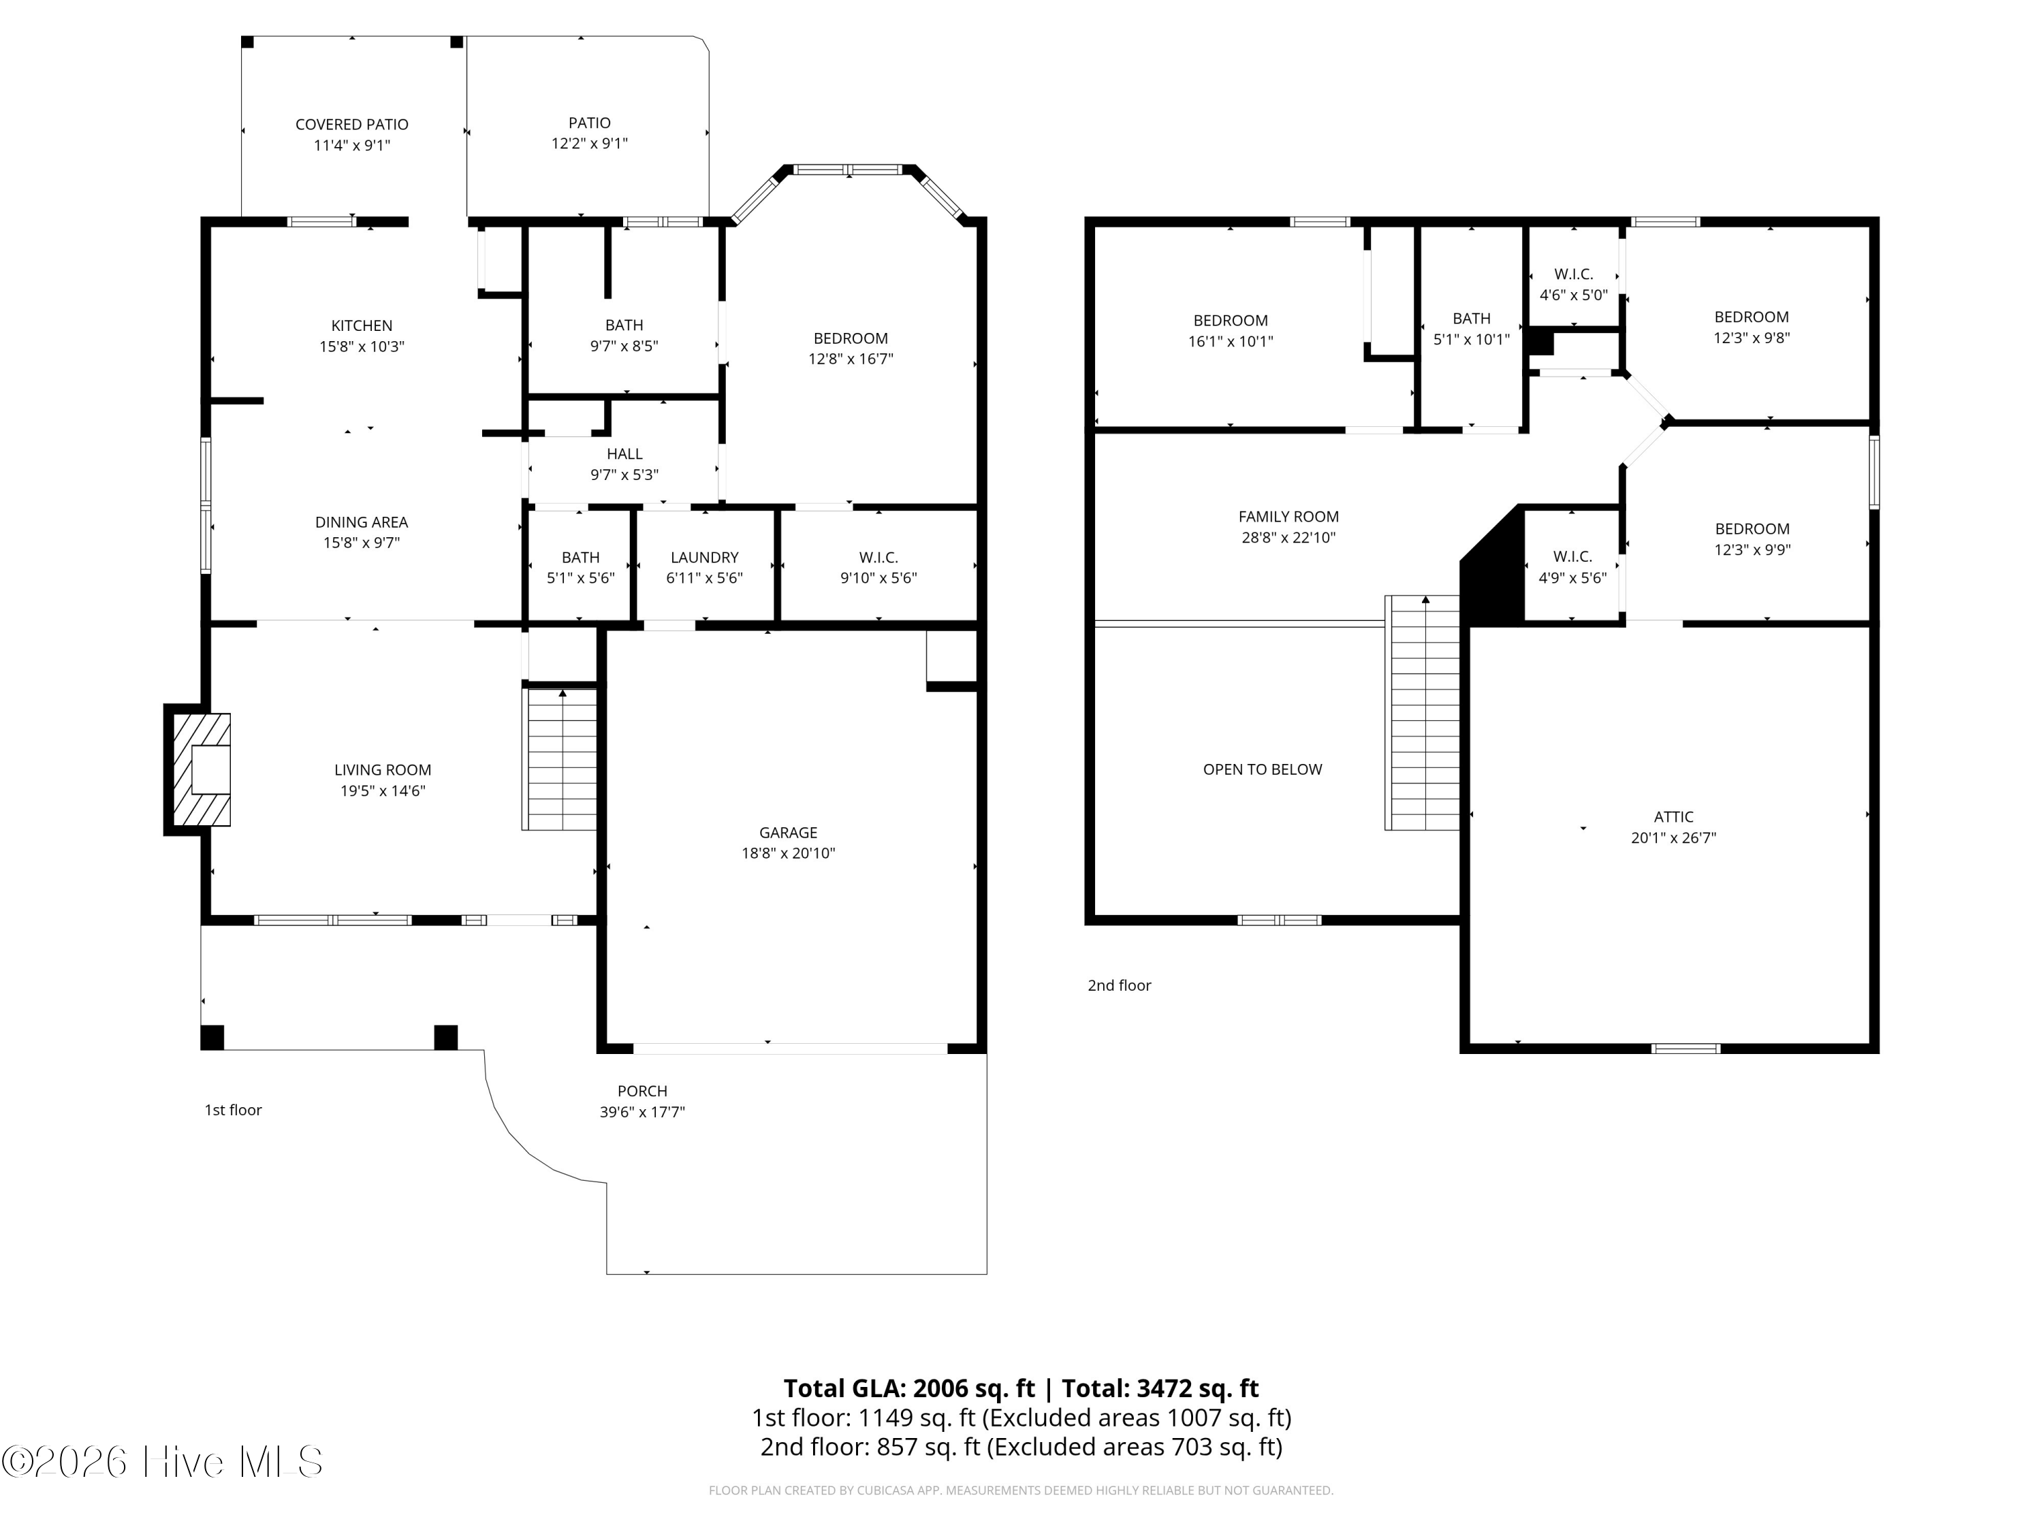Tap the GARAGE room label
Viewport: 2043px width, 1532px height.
tap(788, 833)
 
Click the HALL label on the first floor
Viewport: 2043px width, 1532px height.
tap(624, 454)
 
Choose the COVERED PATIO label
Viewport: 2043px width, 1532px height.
tap(352, 125)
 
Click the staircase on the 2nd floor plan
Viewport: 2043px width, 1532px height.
tap(1423, 713)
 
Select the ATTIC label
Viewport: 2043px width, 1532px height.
tap(1674, 817)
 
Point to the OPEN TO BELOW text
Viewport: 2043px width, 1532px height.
tap(1263, 770)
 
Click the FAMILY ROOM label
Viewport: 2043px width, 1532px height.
tap(1288, 517)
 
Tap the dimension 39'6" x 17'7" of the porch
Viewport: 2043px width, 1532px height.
tap(642, 1113)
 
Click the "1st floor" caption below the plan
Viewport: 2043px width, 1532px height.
tap(233, 1110)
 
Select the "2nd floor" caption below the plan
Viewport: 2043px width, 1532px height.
tap(1120, 985)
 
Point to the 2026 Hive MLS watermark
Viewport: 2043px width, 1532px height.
tap(163, 1462)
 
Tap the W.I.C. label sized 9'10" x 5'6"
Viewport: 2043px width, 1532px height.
tap(878, 558)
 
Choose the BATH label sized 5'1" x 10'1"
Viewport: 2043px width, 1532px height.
tap(1471, 319)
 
